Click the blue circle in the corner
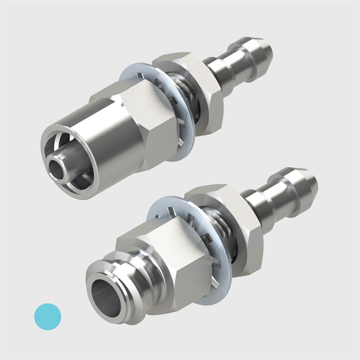click(x=47, y=316)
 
